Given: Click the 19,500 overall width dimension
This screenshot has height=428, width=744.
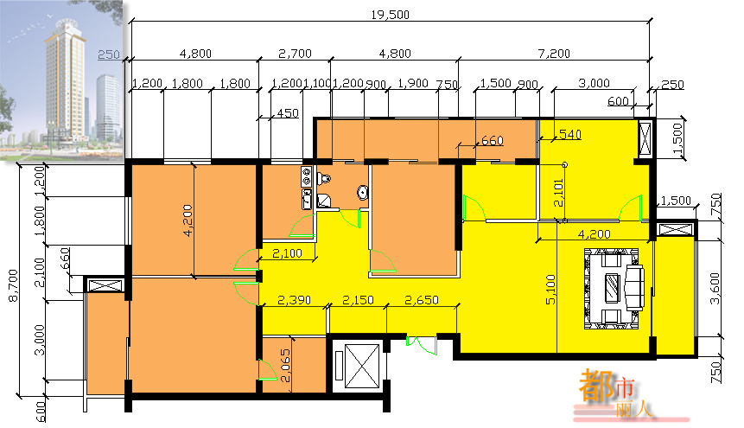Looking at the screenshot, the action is (390, 15).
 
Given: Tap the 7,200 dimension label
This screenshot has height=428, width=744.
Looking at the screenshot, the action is (554, 54).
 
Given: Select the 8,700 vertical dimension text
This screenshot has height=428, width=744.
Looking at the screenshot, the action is (13, 285).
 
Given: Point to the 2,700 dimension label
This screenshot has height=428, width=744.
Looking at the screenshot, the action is (295, 54).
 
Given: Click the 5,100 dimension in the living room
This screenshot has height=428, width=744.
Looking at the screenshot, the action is (550, 290).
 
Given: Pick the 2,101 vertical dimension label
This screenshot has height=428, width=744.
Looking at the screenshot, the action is (558, 193).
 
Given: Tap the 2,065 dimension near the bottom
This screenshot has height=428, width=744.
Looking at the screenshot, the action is (285, 366).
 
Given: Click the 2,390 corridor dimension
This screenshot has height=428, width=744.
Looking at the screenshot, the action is (294, 300).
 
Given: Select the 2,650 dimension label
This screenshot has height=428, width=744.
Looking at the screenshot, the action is (422, 300).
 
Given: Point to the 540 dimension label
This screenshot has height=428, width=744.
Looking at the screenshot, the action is (569, 134).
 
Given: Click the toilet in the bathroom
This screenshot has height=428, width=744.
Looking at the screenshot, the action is (323, 179).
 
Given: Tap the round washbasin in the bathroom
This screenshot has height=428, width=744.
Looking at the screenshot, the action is (363, 193).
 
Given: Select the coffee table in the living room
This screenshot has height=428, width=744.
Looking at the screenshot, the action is (612, 288).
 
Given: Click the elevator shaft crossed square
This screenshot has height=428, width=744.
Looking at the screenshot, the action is (362, 365).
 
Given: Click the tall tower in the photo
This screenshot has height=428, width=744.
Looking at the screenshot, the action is (66, 79).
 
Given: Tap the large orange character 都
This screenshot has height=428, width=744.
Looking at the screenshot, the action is (596, 386).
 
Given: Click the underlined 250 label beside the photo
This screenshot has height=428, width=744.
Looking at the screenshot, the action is (109, 54).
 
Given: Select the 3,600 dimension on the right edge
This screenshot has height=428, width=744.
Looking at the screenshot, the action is (715, 288).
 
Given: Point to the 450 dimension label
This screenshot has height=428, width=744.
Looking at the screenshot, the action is (288, 113).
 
